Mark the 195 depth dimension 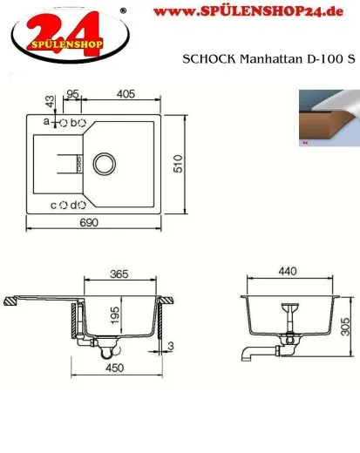[115, 313]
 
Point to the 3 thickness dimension [172, 347]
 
